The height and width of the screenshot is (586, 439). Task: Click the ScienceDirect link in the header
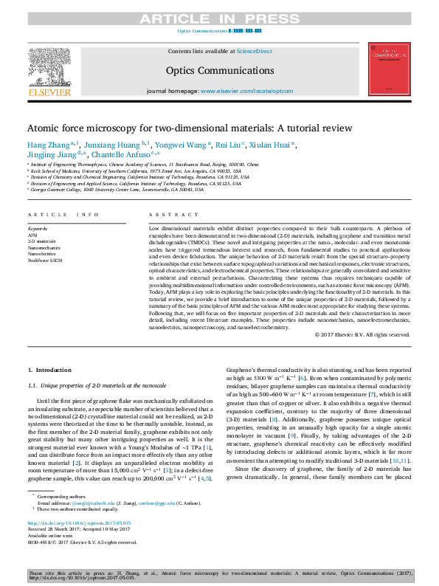[x=254, y=51]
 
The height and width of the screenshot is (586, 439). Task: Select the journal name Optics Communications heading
[x=219, y=71]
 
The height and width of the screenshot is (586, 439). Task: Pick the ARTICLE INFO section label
[x=63, y=215]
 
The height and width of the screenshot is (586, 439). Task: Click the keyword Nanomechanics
[x=44, y=247]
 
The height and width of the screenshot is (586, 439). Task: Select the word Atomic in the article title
[x=48, y=128]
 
